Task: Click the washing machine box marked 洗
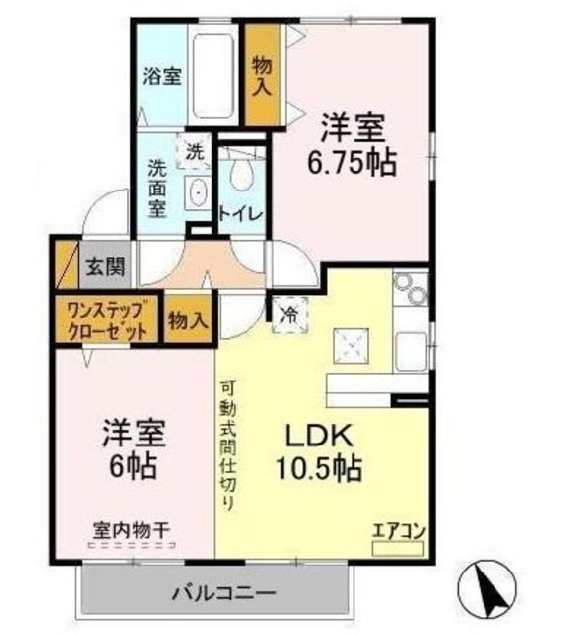(194, 152)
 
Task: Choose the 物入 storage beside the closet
(188, 320)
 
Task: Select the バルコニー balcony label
(220, 593)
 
